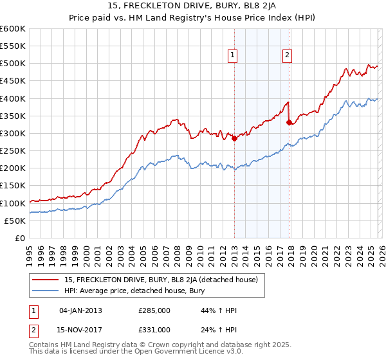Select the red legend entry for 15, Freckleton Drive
(x=161, y=280)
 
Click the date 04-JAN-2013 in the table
(x=80, y=310)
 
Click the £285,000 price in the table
(x=154, y=310)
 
